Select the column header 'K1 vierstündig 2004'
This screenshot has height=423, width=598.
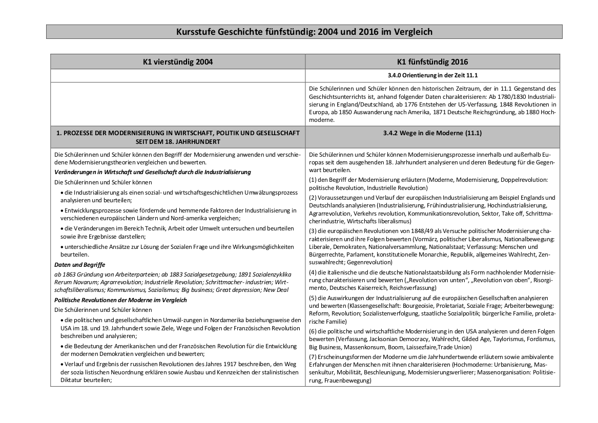tap(178, 62)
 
